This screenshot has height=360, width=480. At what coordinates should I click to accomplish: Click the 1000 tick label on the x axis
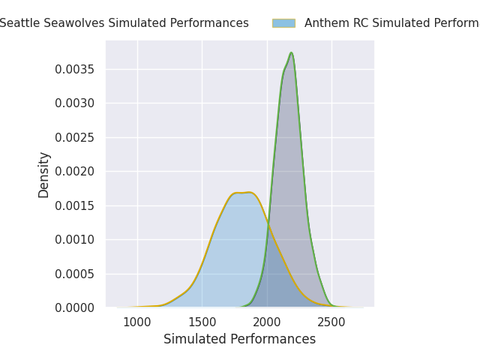point(137,322)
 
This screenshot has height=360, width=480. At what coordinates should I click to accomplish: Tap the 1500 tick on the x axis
point(202,322)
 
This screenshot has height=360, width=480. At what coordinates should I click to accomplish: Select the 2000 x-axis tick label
point(267,322)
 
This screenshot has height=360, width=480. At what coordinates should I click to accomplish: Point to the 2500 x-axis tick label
point(331,322)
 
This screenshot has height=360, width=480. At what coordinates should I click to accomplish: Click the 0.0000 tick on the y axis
point(74,307)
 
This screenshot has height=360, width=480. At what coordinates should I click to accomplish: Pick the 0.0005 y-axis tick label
point(74,274)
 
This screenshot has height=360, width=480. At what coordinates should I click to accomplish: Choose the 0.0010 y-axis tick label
point(74,239)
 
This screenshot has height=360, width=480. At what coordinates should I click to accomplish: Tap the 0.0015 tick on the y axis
point(74,205)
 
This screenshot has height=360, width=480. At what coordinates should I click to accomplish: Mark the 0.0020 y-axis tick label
point(74,171)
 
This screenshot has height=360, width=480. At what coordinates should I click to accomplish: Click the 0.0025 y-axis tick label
point(74,137)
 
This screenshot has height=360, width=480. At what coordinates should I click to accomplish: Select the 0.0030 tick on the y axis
point(74,103)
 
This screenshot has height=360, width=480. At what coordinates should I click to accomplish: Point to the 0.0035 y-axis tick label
point(74,69)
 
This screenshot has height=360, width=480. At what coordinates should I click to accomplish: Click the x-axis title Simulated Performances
point(239,339)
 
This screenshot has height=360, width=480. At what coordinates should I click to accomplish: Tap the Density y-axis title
point(44,175)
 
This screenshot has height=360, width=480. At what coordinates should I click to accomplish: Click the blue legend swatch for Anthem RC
point(283,23)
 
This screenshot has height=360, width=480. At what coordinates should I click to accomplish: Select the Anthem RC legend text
point(391,23)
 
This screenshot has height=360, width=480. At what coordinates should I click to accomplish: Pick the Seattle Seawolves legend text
point(124,23)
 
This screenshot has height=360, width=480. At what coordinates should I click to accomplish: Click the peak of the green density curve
point(291,52)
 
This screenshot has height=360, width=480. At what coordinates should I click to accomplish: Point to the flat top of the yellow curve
point(243,193)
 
